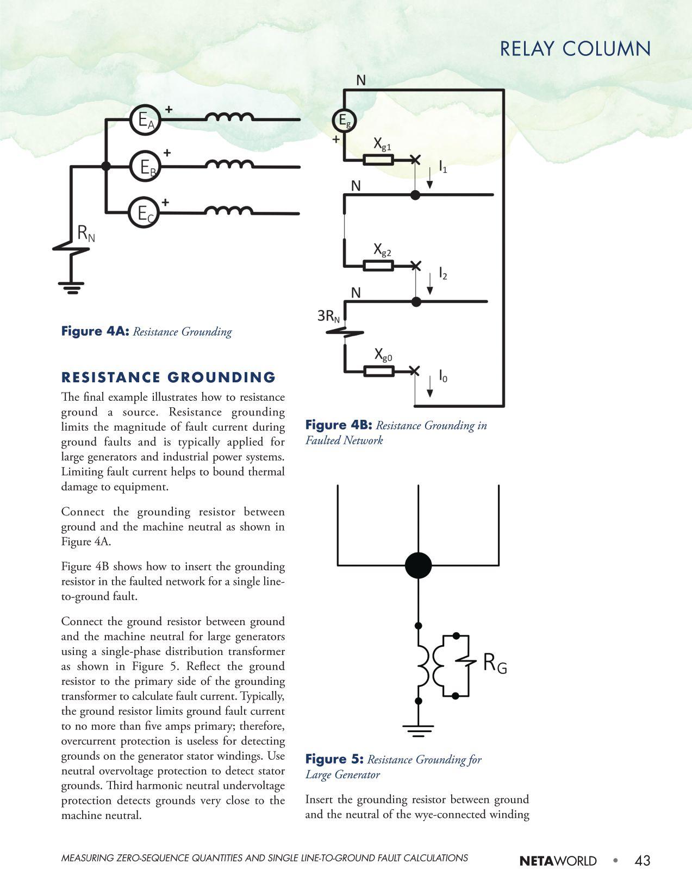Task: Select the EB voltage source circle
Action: point(145,166)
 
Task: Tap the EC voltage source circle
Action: point(144,213)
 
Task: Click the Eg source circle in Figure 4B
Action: point(344,121)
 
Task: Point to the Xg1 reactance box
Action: point(378,160)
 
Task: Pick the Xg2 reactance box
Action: point(378,266)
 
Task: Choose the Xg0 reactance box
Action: point(378,371)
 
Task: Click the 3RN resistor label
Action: point(329,316)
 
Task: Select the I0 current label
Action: point(443,376)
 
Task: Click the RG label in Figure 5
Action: point(495,663)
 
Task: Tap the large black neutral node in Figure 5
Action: point(418,565)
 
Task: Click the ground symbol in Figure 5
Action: point(418,729)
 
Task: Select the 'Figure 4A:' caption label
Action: point(95,331)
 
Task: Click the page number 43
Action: point(642,860)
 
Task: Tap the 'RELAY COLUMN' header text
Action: point(575,49)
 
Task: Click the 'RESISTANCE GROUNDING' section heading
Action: point(169,377)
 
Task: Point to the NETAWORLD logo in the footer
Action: point(558,861)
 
